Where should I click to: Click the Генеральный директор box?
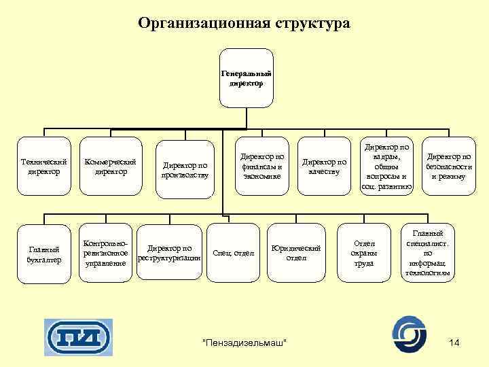click(247, 77)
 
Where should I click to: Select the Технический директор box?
click(44, 167)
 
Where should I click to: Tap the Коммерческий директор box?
click(110, 167)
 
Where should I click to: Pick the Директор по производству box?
click(184, 170)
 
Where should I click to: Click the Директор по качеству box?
click(324, 167)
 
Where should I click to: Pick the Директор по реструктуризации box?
click(169, 253)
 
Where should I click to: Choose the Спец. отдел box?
click(234, 254)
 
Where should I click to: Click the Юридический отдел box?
click(296, 253)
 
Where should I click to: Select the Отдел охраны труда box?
click(364, 253)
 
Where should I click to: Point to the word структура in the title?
click(313, 24)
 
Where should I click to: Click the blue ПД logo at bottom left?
click(78, 337)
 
